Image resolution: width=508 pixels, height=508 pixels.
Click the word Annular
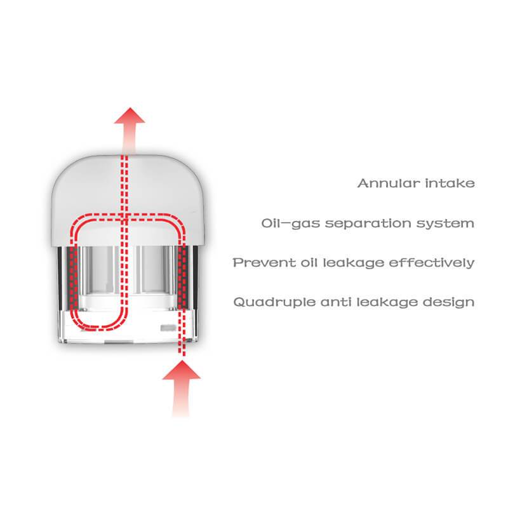389,183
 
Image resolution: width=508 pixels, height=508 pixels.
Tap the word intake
450,183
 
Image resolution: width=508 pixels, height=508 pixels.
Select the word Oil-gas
291,224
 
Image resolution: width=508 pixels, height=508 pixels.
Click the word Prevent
264,262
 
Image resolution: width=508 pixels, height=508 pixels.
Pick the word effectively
432,263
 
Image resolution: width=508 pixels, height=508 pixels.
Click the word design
449,303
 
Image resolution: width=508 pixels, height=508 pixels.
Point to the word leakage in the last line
387,303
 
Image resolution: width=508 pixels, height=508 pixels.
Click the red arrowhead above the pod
130,116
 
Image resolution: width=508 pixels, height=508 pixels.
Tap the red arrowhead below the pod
182,370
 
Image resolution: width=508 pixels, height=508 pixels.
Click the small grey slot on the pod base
168,328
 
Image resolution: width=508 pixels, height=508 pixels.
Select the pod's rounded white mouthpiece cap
128,200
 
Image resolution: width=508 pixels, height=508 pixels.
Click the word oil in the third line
309,262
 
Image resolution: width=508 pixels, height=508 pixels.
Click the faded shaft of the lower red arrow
181,398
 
